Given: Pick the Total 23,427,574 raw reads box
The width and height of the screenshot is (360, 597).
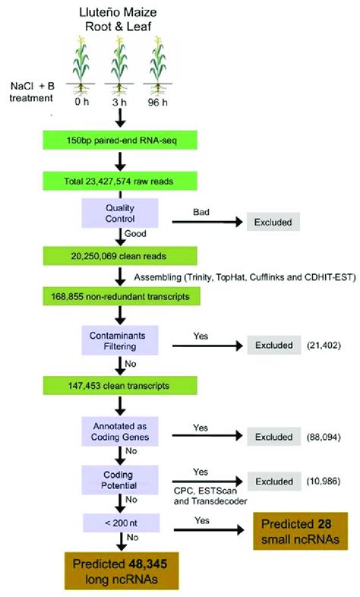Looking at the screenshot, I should coord(119,182).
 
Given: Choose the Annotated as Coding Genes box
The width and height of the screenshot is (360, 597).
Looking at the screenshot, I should coord(119,433).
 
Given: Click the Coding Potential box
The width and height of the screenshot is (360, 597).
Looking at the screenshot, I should coord(119,479).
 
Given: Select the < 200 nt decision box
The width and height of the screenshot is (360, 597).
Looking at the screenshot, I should coord(119,521).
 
